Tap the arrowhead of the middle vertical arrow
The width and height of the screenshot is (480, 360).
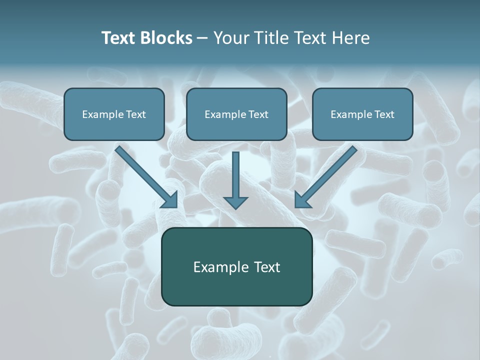pyautogui.click(x=235, y=202)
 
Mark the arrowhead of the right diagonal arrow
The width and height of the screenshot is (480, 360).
pyautogui.click(x=301, y=200)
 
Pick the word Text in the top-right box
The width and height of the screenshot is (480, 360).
pyautogui.click(x=384, y=114)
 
